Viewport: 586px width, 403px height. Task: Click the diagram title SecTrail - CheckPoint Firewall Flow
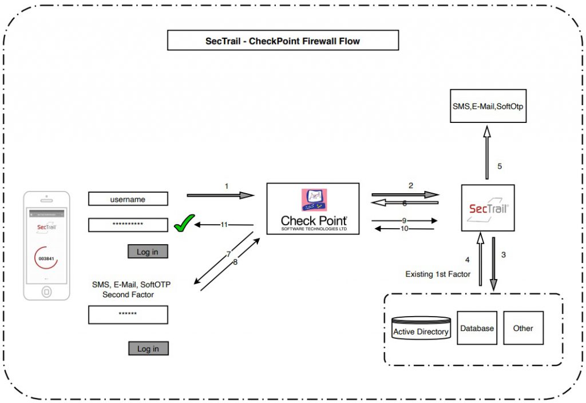(283, 41)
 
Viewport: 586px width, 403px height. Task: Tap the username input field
(128, 199)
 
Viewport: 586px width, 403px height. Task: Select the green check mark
(184, 224)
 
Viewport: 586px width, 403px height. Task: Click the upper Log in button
(148, 252)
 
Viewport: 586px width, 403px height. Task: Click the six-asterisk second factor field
(128, 314)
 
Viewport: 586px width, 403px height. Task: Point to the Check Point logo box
(313, 209)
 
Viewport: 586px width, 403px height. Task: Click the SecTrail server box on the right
(488, 208)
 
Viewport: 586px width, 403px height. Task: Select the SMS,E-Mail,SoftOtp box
(488, 106)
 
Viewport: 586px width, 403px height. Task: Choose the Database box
(477, 328)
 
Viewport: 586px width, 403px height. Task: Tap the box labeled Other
(523, 328)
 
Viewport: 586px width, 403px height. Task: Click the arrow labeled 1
(220, 195)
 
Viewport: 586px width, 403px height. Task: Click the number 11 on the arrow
(224, 225)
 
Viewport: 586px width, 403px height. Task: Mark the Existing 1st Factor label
(438, 274)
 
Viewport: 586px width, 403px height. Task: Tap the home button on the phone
(46, 292)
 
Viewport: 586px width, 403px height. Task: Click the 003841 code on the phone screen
(46, 258)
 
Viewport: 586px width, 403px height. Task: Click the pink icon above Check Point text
(313, 199)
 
